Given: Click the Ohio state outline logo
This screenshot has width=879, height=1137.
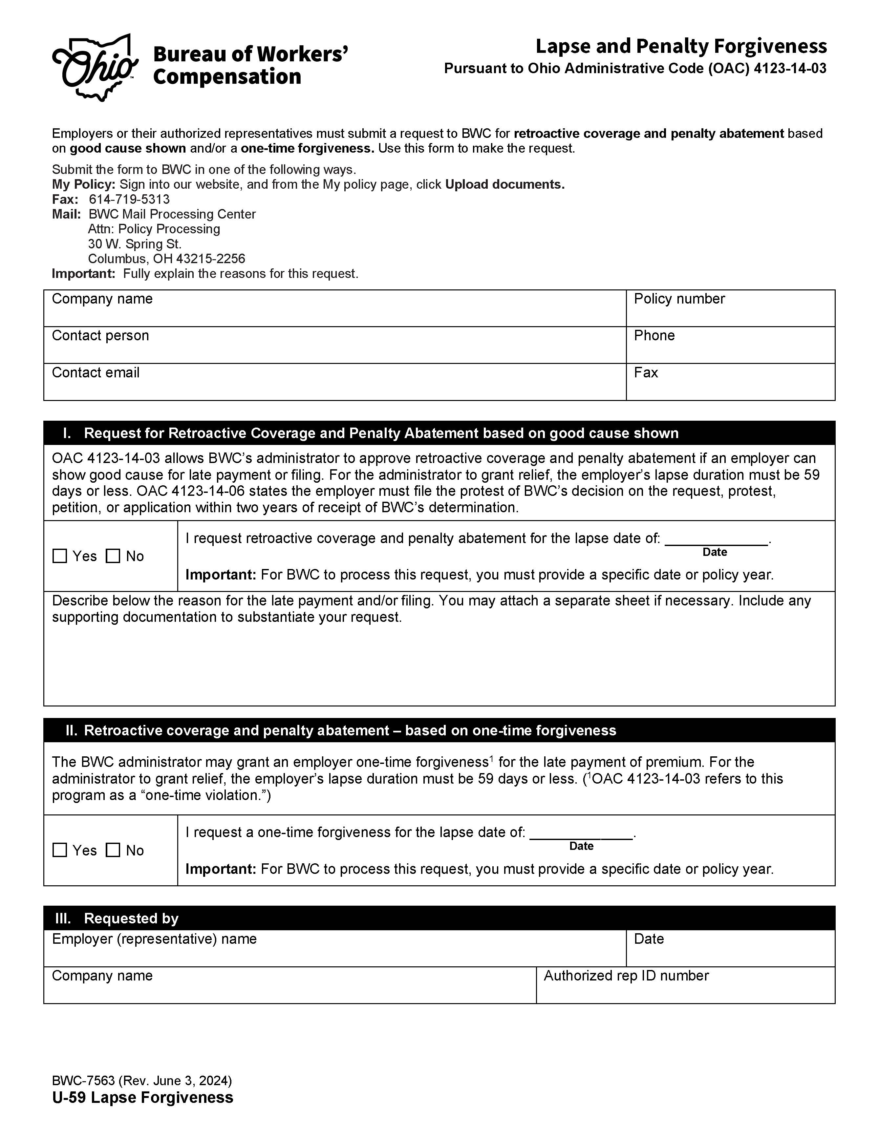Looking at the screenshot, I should (95, 67).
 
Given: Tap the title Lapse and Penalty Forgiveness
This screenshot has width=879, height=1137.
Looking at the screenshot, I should (681, 46).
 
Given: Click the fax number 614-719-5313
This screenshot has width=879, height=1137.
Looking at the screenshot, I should (129, 200).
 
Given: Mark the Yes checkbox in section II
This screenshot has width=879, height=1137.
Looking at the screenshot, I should (60, 850).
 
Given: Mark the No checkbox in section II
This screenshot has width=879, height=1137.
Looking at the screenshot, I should (113, 850).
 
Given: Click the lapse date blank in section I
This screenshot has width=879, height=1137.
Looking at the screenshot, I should (716, 539).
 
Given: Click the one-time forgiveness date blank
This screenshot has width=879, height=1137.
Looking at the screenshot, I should (581, 833).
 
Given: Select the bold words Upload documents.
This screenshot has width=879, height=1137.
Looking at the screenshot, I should (504, 184).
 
